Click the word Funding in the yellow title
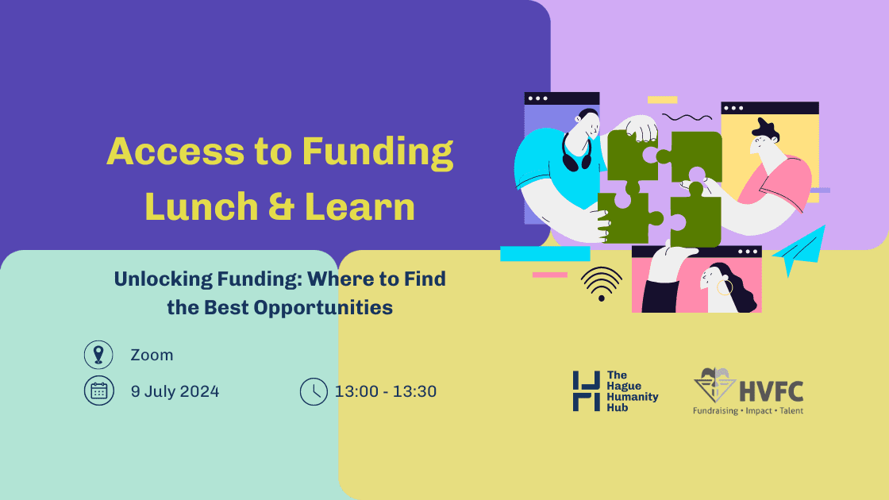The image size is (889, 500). click(x=377, y=152)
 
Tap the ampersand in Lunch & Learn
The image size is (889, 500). click(x=281, y=206)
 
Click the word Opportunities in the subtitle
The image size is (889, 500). click(x=323, y=307)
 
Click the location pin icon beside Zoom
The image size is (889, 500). click(x=98, y=354)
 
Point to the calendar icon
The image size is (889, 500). click(x=99, y=390)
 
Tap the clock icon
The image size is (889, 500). click(x=314, y=391)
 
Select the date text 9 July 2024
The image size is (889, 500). click(x=175, y=391)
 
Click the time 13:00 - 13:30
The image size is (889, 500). click(x=386, y=391)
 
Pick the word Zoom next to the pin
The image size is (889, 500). click(x=152, y=355)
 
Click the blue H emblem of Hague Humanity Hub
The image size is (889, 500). click(x=587, y=391)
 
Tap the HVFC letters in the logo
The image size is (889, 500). click(x=771, y=392)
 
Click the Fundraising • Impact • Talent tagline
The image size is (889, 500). click(x=748, y=410)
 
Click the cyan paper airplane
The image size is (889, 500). click(x=799, y=249)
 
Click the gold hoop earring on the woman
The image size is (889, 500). click(x=725, y=287)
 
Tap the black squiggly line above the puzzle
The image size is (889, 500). click(x=687, y=117)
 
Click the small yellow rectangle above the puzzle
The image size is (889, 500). click(x=662, y=100)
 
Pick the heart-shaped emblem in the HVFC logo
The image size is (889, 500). click(x=714, y=385)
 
